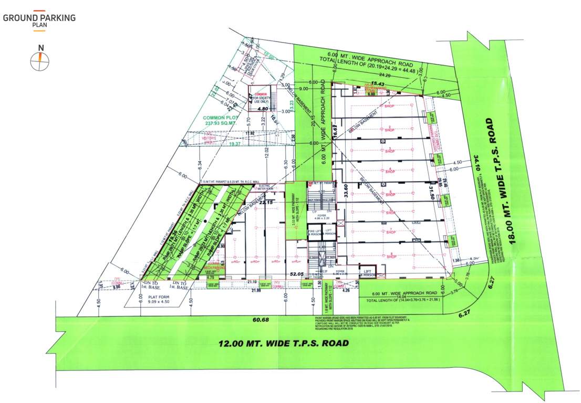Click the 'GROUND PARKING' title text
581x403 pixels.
click(x=39, y=18)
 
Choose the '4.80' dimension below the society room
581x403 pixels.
click(x=263, y=109)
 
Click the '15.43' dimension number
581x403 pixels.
click(x=379, y=83)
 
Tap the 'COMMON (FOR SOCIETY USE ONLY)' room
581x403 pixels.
click(x=261, y=96)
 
